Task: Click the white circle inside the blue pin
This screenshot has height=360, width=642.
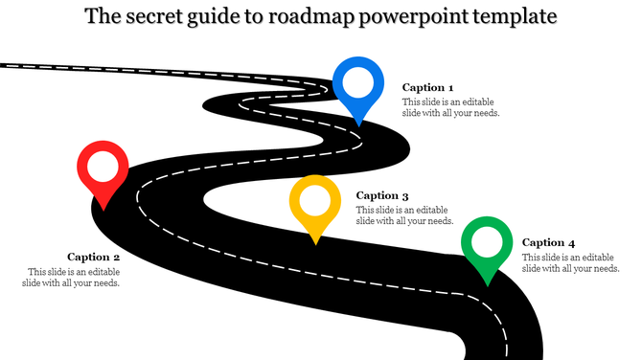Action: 357,83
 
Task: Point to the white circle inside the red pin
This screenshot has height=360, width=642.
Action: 103,168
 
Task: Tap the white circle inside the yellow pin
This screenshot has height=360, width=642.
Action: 315,201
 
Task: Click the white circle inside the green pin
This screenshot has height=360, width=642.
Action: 488,243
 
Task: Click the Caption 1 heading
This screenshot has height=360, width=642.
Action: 427,87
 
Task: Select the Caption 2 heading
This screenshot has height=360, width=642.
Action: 93,257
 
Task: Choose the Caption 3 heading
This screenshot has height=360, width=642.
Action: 382,195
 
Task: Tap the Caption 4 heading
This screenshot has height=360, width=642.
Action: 549,243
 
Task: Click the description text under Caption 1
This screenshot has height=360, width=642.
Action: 450,107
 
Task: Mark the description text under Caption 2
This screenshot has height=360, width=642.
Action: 74,277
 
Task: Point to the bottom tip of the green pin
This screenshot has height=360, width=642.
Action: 488,284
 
